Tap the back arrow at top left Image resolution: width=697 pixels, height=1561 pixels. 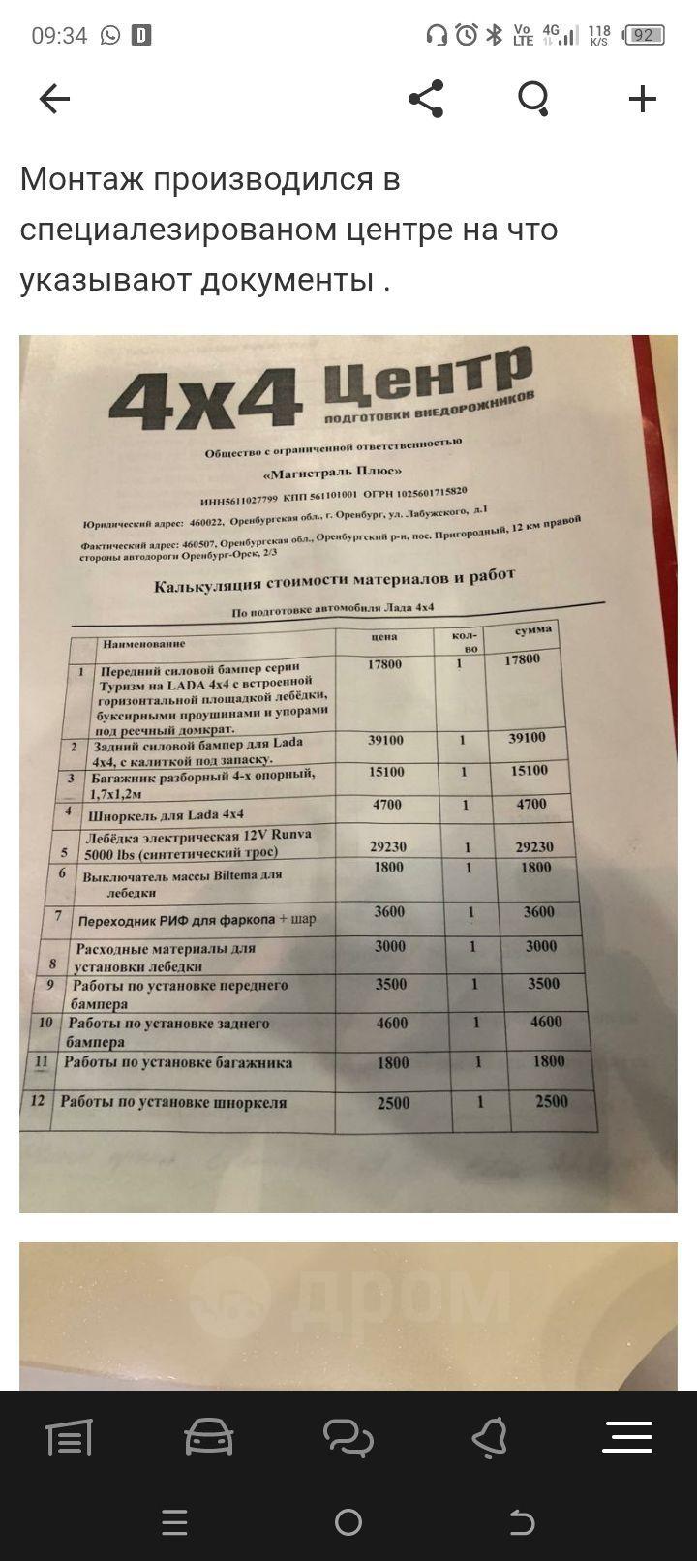point(54,99)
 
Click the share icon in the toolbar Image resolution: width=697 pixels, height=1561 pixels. point(426,99)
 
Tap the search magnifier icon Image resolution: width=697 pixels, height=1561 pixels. point(533,99)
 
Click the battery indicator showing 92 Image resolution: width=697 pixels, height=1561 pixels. point(644,36)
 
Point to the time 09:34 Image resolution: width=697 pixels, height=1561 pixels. point(59,36)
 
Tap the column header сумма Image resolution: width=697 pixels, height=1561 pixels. point(533,630)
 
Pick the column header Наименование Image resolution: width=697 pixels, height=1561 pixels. point(143,643)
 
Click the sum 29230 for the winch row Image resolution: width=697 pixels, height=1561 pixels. point(534,846)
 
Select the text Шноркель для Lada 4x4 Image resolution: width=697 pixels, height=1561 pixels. point(167,814)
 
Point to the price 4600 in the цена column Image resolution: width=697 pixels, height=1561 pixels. point(390,1023)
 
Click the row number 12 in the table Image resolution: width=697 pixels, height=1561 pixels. point(38,1101)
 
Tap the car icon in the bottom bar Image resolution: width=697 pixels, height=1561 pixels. point(208,1438)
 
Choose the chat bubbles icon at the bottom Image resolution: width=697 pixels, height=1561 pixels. point(348,1438)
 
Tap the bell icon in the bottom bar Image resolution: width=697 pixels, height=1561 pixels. point(489,1438)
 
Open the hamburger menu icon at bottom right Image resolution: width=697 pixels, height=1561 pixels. point(627,1438)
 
